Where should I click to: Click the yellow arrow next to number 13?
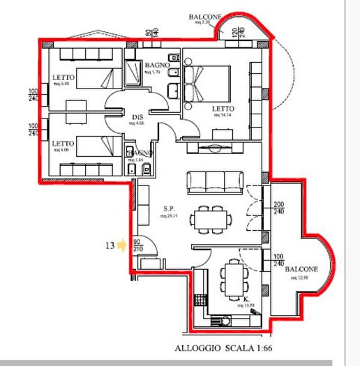coord(122,245)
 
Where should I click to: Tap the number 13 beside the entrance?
coord(109,245)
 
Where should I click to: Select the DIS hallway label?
coord(137,116)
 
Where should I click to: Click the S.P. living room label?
coord(169,208)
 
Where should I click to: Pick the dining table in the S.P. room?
coord(213,218)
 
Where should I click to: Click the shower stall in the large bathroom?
coord(133,72)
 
